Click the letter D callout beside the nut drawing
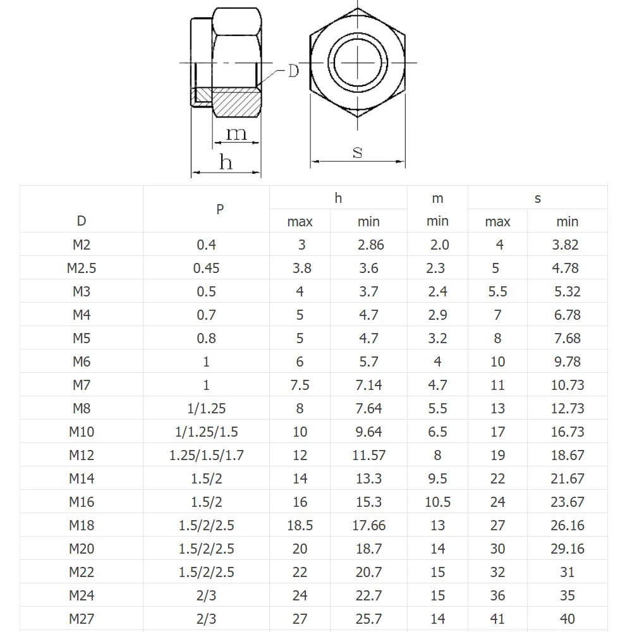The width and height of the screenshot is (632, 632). (x=293, y=71)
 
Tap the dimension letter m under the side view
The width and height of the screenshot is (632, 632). (x=236, y=133)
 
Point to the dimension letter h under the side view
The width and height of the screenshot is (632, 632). (x=226, y=162)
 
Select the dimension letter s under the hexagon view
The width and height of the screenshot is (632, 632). (x=358, y=152)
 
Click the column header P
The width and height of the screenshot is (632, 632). (x=220, y=209)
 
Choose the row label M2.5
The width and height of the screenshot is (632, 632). (x=82, y=268)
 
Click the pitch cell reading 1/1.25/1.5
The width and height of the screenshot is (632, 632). (x=207, y=432)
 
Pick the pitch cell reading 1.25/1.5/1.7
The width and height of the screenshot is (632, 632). (x=207, y=455)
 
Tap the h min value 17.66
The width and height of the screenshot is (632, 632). (x=369, y=525)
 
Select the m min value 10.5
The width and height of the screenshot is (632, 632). (x=437, y=502)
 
